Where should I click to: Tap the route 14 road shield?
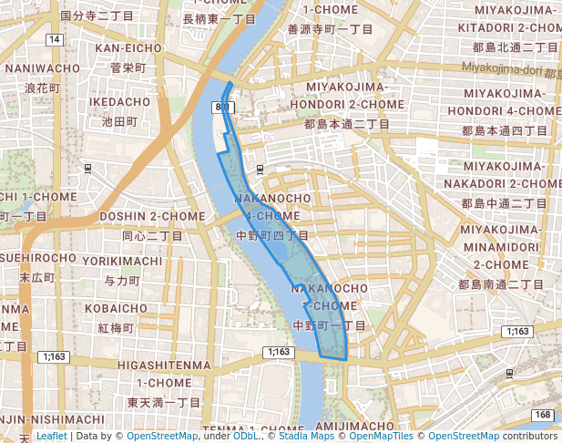(56, 40)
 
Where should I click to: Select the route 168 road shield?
(544, 416)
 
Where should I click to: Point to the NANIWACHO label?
(42, 68)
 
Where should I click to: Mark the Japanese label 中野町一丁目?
(330, 325)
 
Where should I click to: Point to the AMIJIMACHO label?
(354, 426)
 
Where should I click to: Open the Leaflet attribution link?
(51, 437)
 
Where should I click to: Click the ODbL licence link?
(246, 437)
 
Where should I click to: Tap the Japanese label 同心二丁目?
(152, 235)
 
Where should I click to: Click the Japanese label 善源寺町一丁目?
(330, 29)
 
